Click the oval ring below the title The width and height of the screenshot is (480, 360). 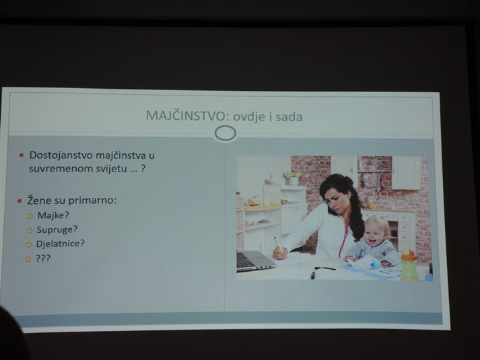[226, 134]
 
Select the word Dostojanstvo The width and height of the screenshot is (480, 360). [61, 155]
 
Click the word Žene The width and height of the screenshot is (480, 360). [38, 200]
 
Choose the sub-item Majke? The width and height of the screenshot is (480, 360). [53, 215]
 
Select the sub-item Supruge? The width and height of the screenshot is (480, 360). [57, 229]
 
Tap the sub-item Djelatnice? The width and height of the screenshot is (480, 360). [61, 244]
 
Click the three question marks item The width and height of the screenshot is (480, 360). [43, 258]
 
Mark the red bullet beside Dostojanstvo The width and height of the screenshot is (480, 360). [22, 155]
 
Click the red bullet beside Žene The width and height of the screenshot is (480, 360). [20, 201]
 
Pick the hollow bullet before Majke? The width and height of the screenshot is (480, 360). [30, 216]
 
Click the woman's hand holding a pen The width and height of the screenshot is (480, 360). [280, 253]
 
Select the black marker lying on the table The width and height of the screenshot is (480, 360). [324, 268]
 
